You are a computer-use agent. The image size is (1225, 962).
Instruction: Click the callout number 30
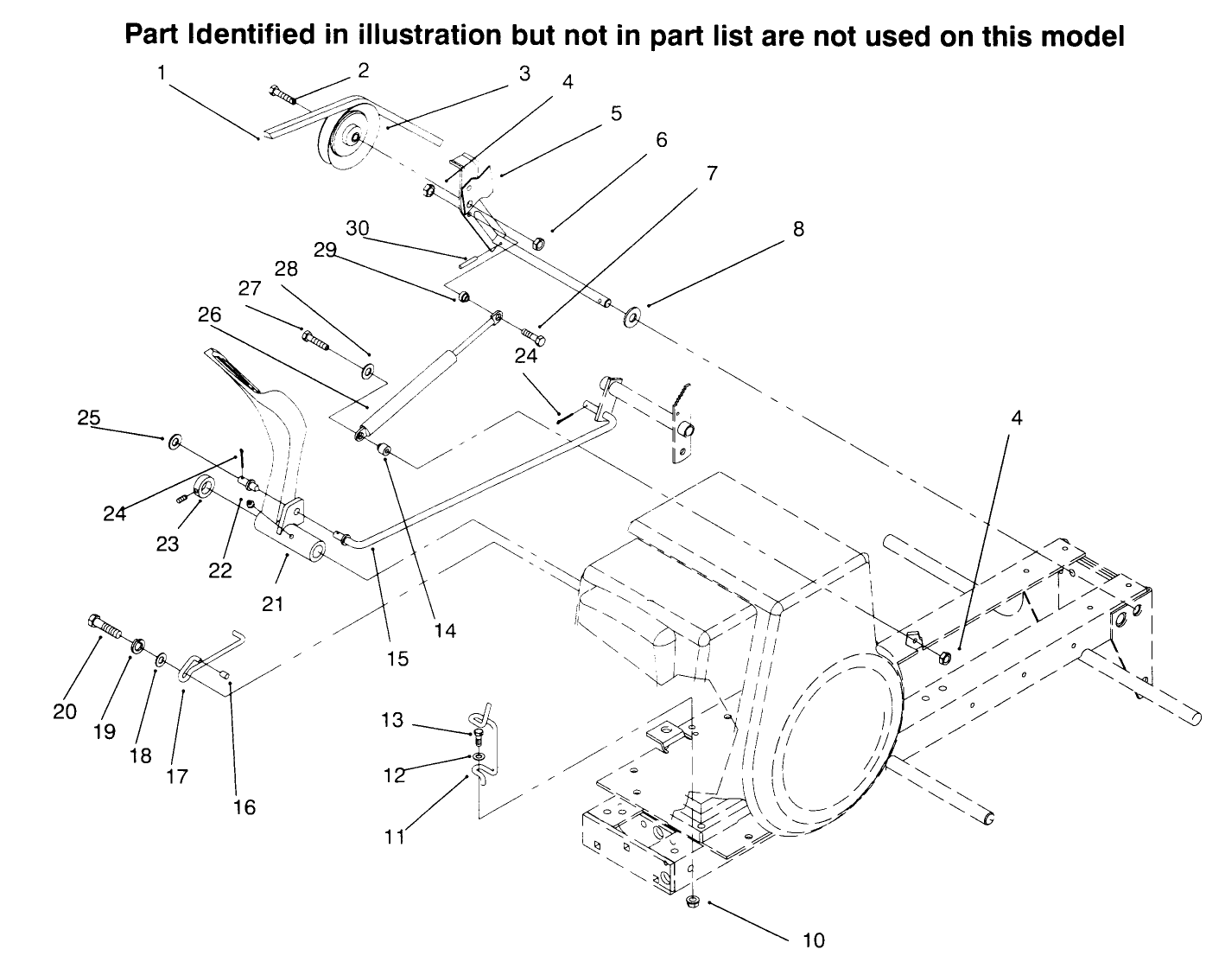click(x=358, y=229)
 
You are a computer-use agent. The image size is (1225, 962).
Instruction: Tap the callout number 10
click(x=814, y=940)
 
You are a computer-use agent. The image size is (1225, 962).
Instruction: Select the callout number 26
click(x=210, y=314)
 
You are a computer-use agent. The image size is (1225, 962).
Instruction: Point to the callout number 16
click(x=244, y=806)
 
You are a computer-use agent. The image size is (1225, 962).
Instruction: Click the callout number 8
click(x=798, y=229)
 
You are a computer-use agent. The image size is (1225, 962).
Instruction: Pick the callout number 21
click(x=273, y=603)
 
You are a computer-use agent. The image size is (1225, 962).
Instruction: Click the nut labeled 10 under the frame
click(x=691, y=903)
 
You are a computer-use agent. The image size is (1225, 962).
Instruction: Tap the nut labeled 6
click(x=536, y=244)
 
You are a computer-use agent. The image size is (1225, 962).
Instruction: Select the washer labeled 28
click(x=367, y=373)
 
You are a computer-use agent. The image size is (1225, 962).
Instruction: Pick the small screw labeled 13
click(x=478, y=735)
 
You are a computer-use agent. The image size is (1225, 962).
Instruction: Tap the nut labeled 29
click(x=463, y=298)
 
